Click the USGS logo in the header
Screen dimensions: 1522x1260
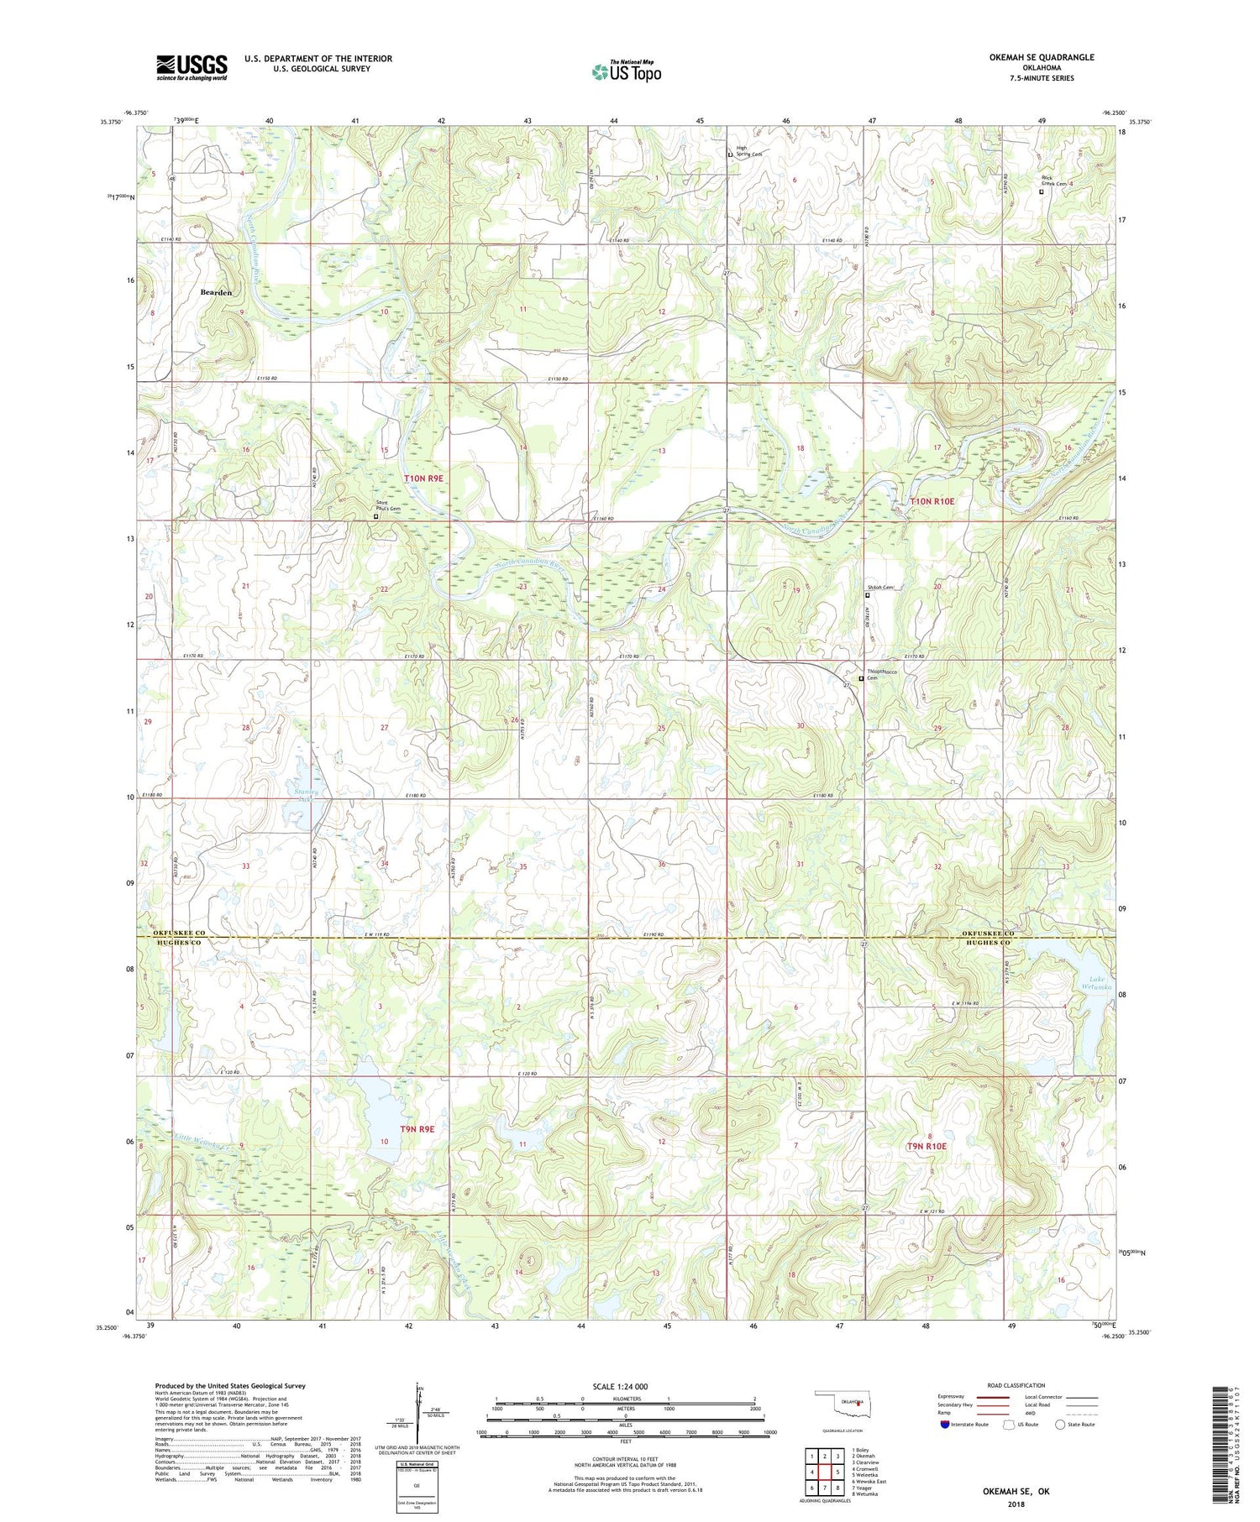point(192,67)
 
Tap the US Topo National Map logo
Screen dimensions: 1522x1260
point(626,71)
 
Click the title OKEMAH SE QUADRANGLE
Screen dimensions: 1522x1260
point(1030,57)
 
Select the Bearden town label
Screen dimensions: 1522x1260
point(216,292)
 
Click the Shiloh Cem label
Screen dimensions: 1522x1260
point(881,588)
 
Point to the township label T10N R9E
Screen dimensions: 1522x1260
point(423,478)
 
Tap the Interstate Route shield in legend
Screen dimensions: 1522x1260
point(945,1425)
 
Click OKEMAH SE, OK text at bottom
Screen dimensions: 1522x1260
point(1016,1492)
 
